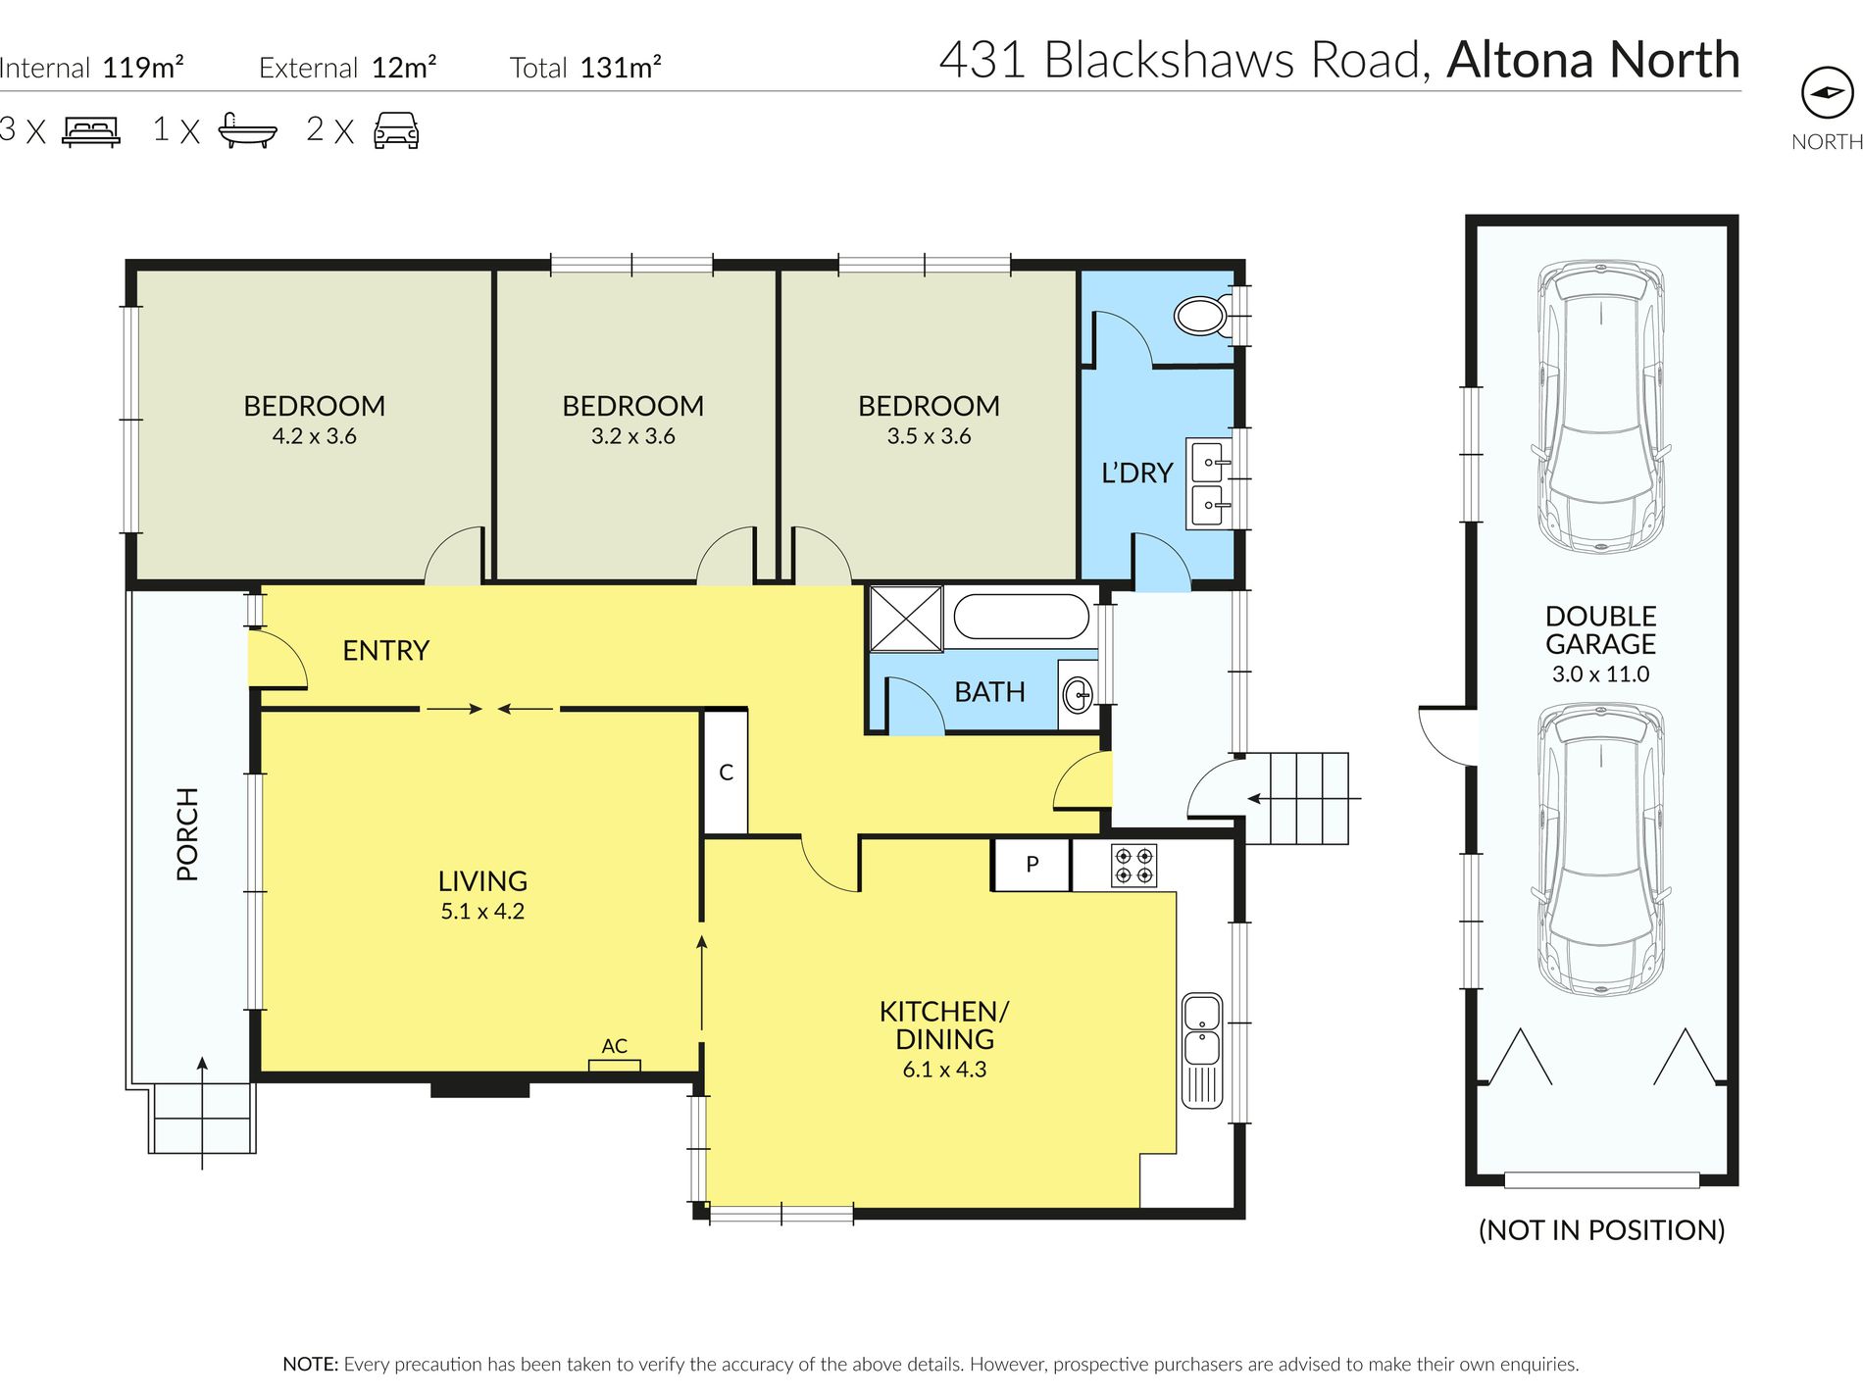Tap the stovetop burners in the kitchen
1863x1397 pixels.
point(1133,866)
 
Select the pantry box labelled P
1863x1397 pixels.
point(1032,864)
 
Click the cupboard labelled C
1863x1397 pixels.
point(726,773)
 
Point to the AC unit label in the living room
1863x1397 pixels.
point(615,1046)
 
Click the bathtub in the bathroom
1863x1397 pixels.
point(1021,618)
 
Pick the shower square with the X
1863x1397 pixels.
point(906,618)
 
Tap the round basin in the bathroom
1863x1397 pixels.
point(1078,695)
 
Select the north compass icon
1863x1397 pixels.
point(1827,93)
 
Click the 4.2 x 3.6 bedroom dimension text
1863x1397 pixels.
point(314,436)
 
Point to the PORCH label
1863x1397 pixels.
point(187,834)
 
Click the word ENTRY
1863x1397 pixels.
point(385,650)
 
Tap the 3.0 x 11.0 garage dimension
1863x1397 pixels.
point(1600,674)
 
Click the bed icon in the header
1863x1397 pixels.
point(91,131)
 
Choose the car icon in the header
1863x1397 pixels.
point(396,130)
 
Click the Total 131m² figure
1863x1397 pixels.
point(585,68)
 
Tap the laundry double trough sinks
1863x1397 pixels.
point(1208,484)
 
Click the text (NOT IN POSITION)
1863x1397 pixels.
point(1601,1230)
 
